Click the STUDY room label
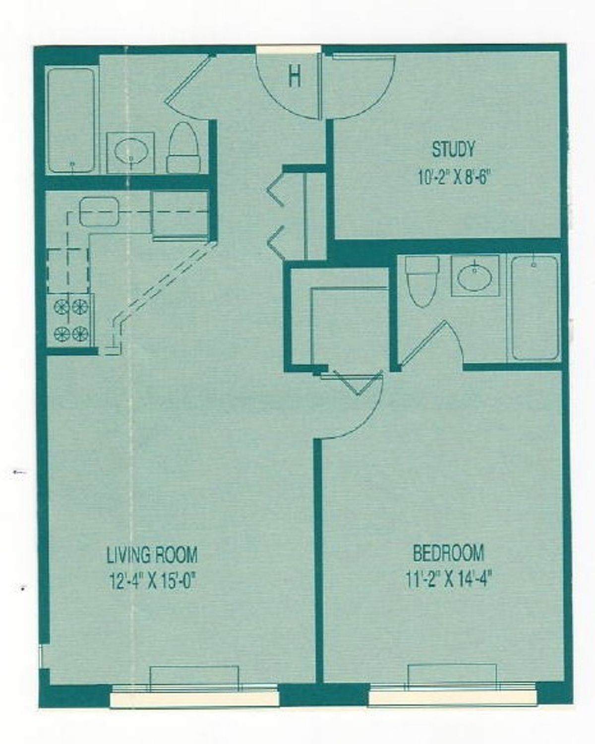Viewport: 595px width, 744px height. click(x=453, y=149)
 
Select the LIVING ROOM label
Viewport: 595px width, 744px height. click(x=152, y=554)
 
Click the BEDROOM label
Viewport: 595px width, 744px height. click(x=448, y=553)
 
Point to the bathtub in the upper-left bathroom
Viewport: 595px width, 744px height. click(x=71, y=120)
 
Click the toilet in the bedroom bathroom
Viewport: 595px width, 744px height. click(x=421, y=281)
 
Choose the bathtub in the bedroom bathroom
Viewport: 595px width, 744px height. click(x=534, y=308)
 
